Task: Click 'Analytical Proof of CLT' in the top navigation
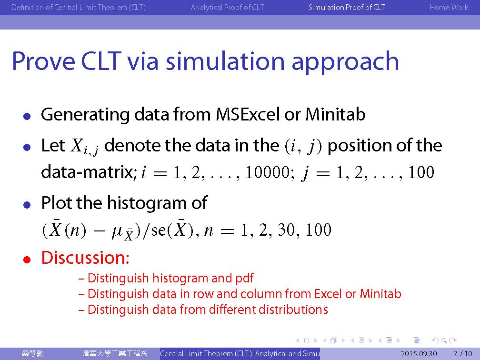(x=227, y=7)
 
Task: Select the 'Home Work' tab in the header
(x=449, y=7)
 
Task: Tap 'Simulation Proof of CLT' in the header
(x=347, y=7)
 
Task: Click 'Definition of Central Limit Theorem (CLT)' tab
(x=79, y=7)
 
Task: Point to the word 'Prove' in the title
(x=43, y=61)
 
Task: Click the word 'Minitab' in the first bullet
(x=336, y=114)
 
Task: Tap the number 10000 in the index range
(x=268, y=172)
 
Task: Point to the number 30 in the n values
(x=287, y=230)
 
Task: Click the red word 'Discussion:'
(x=85, y=258)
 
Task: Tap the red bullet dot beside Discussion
(x=27, y=260)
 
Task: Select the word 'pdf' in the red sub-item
(x=244, y=278)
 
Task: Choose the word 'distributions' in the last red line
(x=293, y=310)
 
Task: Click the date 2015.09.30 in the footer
(x=419, y=353)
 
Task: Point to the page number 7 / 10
(x=463, y=353)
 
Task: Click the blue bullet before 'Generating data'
(x=27, y=117)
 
